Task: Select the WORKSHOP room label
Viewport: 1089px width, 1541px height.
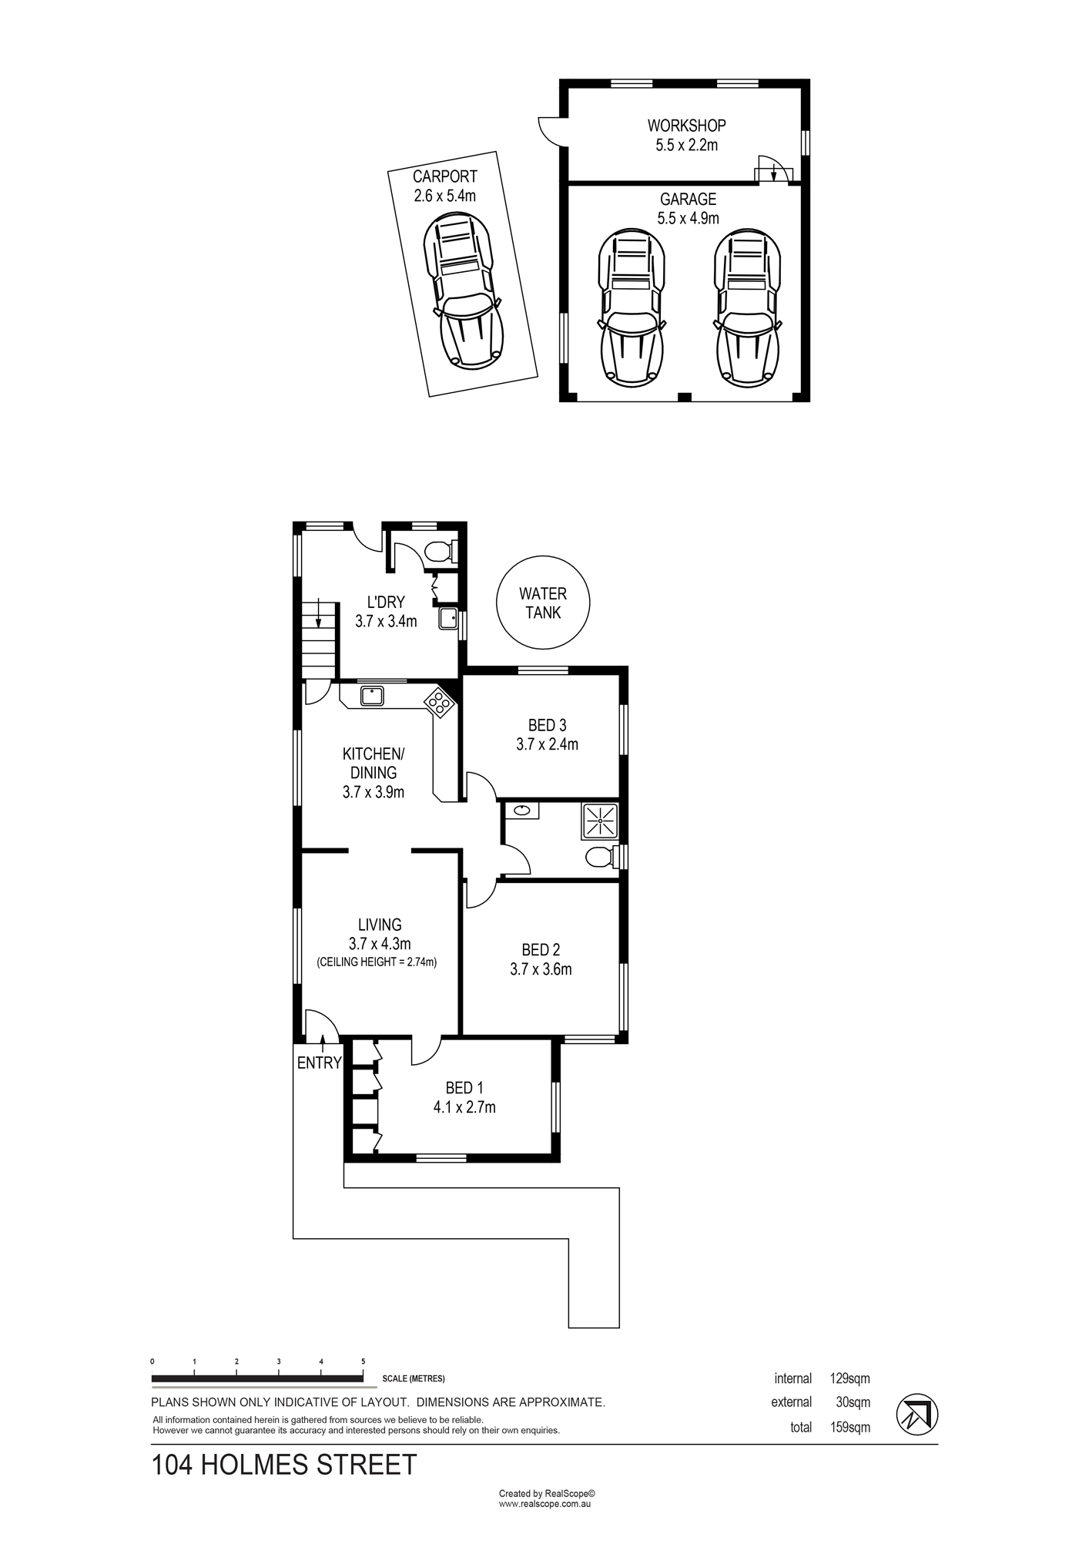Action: click(686, 125)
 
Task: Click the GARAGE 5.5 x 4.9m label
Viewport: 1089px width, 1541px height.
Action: click(688, 209)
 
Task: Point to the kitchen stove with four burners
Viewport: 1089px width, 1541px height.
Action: click(438, 702)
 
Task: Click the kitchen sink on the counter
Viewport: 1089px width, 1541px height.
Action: click(372, 696)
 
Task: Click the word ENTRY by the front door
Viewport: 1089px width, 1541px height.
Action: click(319, 1063)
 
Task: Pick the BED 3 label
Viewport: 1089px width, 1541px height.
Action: click(547, 725)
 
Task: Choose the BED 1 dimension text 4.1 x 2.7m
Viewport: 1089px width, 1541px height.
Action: click(464, 1107)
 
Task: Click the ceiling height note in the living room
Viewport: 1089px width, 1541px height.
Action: click(377, 962)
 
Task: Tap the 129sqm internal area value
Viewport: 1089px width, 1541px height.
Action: click(849, 1378)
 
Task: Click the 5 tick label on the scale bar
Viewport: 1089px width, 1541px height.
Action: click(364, 1361)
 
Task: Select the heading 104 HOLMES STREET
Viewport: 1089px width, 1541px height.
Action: click(284, 1465)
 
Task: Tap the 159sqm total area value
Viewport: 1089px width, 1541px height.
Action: click(849, 1427)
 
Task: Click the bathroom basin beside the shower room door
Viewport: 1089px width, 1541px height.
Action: click(523, 810)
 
